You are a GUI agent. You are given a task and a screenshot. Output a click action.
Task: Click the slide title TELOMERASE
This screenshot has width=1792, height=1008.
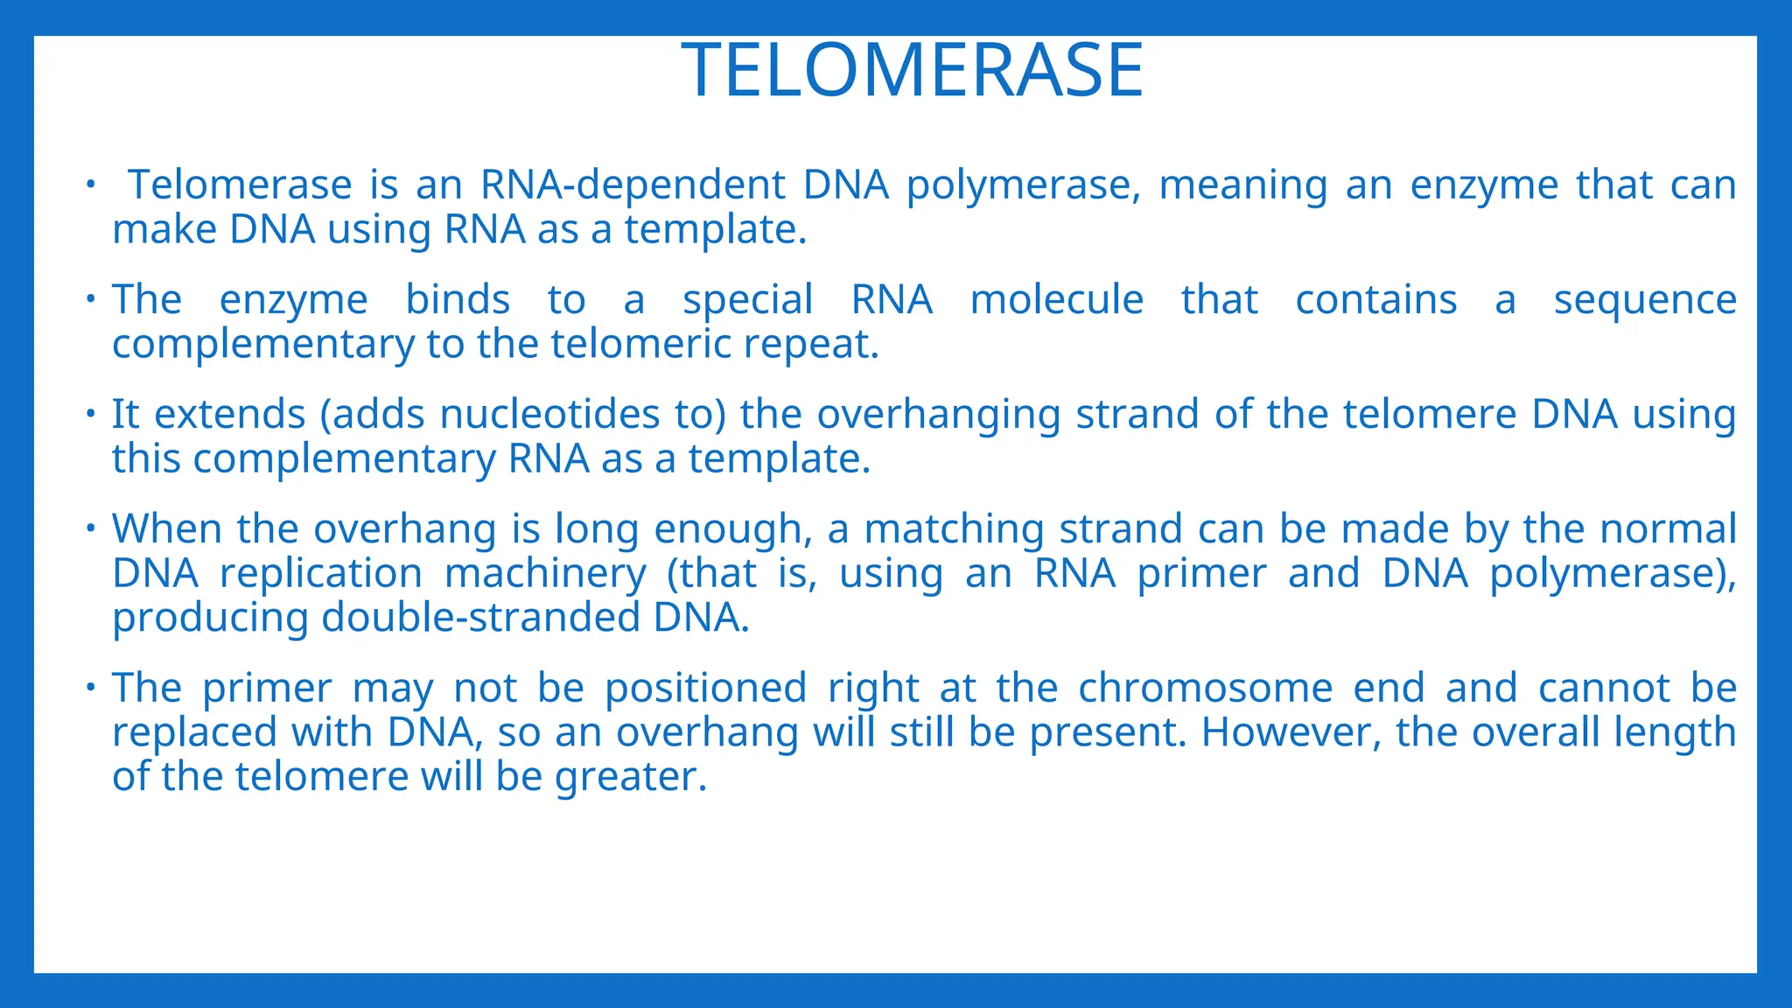[x=913, y=71]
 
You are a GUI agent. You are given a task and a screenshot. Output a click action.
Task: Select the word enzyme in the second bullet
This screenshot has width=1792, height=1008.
[x=293, y=301]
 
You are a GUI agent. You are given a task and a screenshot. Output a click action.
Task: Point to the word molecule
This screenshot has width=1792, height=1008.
[x=1056, y=300]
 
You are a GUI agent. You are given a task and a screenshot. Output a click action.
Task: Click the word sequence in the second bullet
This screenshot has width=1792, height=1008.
[x=1644, y=301]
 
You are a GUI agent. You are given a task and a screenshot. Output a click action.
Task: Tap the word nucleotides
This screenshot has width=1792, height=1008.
[x=549, y=415]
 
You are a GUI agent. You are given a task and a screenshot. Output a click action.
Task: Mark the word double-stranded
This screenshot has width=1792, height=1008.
[x=482, y=618]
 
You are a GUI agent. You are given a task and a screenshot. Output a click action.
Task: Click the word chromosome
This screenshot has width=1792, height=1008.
[x=1205, y=688]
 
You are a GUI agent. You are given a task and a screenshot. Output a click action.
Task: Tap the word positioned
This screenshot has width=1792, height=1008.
[x=705, y=689]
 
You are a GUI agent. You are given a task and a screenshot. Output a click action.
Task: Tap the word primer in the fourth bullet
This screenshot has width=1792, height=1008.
[x=1201, y=574]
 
